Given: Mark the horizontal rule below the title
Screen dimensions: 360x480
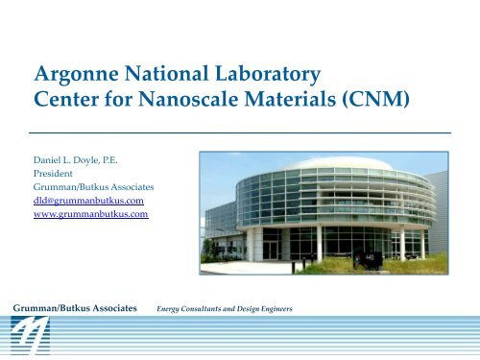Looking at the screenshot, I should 240,131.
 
